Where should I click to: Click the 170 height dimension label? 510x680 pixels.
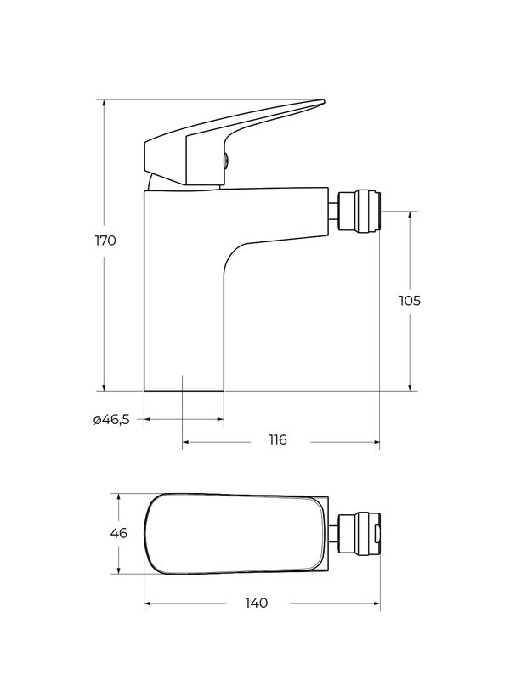click(x=105, y=241)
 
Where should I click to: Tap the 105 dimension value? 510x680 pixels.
click(x=410, y=301)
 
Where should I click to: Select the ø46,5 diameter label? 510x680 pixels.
click(x=111, y=419)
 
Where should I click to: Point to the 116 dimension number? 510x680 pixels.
click(x=278, y=439)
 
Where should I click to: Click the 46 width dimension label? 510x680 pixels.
click(x=118, y=533)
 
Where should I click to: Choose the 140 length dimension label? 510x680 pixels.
click(x=257, y=603)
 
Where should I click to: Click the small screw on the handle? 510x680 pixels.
click(x=227, y=161)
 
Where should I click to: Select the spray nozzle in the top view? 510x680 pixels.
click(x=360, y=534)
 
